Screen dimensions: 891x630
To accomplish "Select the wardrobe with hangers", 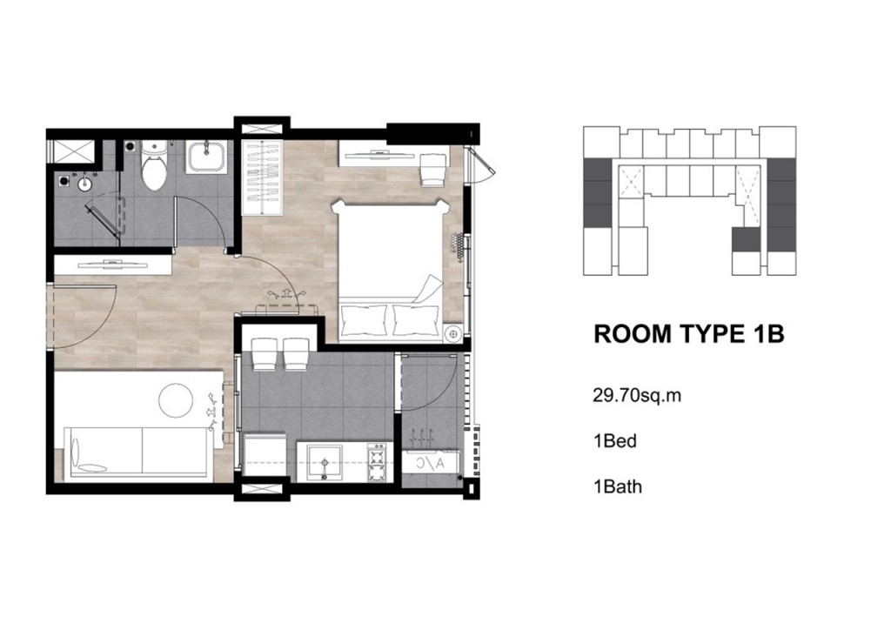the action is (262, 177).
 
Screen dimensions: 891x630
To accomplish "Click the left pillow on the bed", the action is (363, 320).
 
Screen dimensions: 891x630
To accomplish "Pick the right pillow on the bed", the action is (416, 320).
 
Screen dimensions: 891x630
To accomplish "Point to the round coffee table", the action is (176, 400).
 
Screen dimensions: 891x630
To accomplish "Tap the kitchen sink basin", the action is (325, 462).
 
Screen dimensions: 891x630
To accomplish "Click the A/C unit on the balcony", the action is (431, 462).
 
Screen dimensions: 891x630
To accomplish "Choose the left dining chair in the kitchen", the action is (265, 353).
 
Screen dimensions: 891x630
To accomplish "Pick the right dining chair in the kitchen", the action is (296, 353).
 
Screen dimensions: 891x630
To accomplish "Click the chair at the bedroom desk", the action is (433, 170).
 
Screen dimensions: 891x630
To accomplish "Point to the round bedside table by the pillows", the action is (453, 334).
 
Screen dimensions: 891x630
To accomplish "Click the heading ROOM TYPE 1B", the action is (689, 335).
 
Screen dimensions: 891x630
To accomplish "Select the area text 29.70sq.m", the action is (637, 395).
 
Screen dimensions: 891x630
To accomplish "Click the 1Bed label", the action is (615, 441).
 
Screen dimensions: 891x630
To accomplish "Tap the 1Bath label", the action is (618, 486).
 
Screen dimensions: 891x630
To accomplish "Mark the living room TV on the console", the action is (112, 263).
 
